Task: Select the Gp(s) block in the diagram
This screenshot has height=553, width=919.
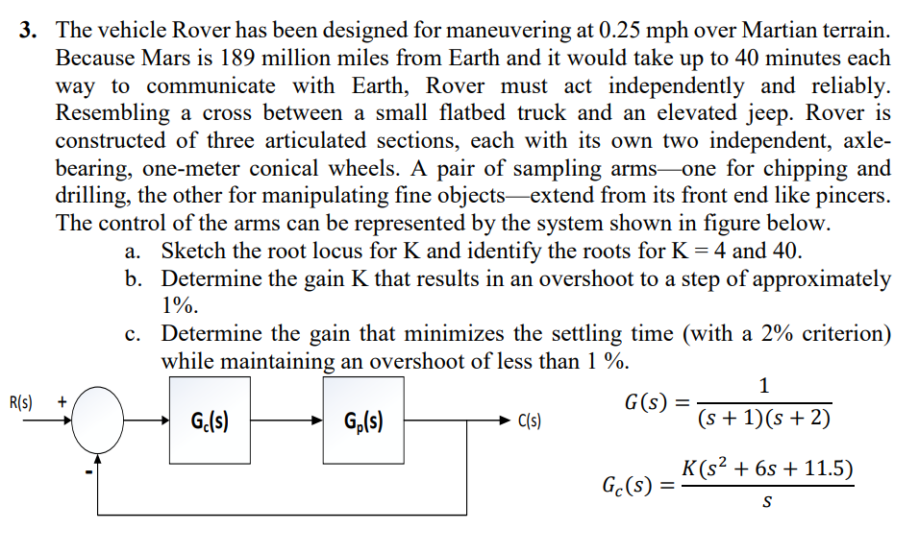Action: (362, 421)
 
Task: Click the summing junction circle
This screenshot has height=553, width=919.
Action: (93, 421)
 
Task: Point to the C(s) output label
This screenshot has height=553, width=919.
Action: (530, 421)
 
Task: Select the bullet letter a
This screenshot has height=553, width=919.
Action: (133, 252)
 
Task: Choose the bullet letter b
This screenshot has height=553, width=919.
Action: (134, 280)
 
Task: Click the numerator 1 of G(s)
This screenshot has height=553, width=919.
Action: (763, 386)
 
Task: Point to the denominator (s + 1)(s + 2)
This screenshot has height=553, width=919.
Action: (765, 421)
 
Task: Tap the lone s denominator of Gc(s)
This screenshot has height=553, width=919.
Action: (766, 503)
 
